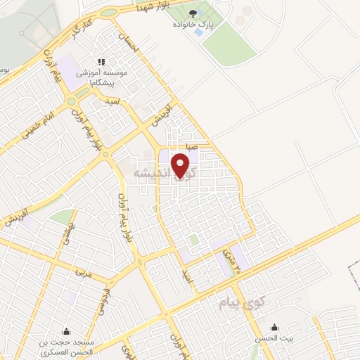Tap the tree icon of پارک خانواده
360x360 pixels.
tap(193, 13)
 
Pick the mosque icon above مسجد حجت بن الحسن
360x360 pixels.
tap(66, 330)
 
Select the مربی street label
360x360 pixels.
tap(82, 270)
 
